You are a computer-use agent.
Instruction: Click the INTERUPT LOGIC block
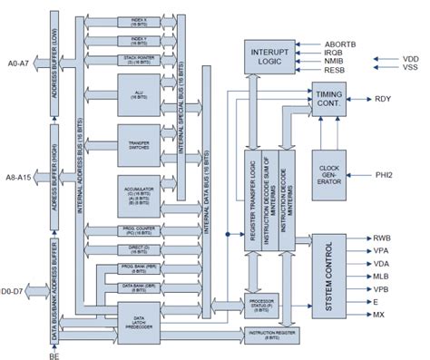tap(269, 56)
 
